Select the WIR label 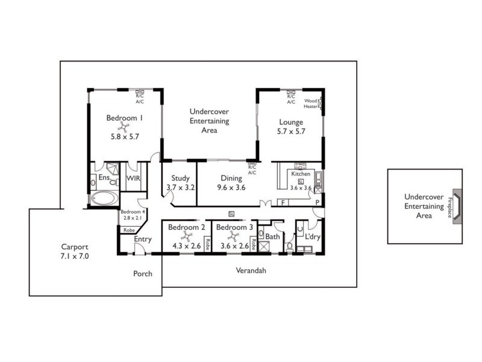tap(133, 179)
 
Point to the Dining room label tap(231, 178)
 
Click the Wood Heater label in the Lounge tap(311, 103)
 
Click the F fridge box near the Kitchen tap(283, 202)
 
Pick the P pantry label tap(316, 202)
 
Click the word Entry tap(143, 240)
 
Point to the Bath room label tap(272, 237)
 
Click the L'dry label tap(312, 237)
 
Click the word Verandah tap(250, 271)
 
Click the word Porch tap(143, 273)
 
